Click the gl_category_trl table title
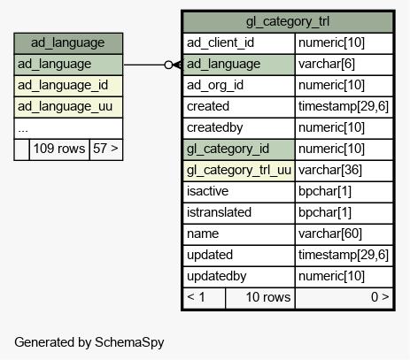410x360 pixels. tap(288, 22)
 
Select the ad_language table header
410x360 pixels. tap(68, 43)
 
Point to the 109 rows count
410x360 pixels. tap(59, 149)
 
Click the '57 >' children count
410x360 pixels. tap(105, 149)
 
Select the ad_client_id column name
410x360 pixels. tap(220, 43)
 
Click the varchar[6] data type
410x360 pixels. tap(327, 65)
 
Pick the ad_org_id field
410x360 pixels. tap(215, 86)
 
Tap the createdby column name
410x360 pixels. tap(215, 128)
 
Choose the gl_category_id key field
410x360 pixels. tap(228, 149)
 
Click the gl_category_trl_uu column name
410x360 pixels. tap(239, 171)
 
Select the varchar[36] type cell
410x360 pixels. tap(330, 171)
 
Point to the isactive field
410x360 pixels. tap(207, 192)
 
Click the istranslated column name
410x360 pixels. tap(219, 213)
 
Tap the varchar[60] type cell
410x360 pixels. tap(330, 234)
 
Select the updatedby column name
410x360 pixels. tap(217, 277)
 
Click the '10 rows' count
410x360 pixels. tap(268, 297)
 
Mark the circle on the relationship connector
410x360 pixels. tap(168, 65)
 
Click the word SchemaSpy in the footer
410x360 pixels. tap(129, 342)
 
